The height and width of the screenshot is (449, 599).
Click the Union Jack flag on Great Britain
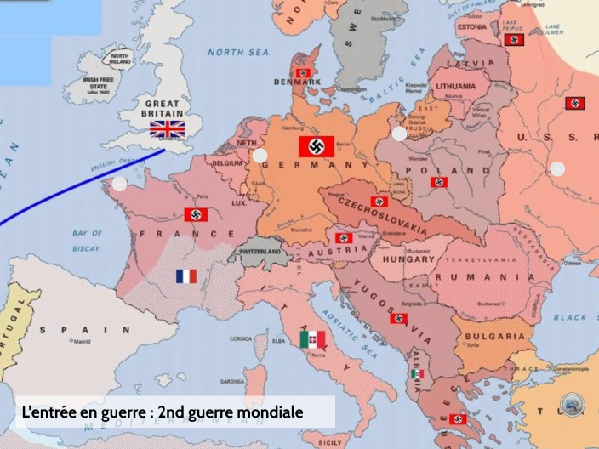click(x=168, y=129)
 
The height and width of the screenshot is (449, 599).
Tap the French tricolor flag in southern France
click(x=186, y=276)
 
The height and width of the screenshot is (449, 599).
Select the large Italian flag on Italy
click(x=313, y=340)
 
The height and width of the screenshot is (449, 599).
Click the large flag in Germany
click(x=317, y=146)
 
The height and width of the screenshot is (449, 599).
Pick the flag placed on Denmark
click(x=303, y=73)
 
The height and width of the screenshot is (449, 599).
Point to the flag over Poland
click(x=439, y=182)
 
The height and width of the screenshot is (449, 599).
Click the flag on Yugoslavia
click(x=398, y=319)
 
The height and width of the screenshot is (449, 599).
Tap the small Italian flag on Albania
click(x=418, y=374)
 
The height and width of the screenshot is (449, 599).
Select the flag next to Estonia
click(x=513, y=40)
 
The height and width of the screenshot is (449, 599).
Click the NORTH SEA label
click(x=238, y=52)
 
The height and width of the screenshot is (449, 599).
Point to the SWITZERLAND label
click(x=260, y=253)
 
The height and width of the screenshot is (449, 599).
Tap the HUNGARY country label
click(x=408, y=259)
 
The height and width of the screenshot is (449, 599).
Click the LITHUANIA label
click(x=456, y=86)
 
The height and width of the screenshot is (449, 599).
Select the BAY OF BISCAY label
click(x=87, y=241)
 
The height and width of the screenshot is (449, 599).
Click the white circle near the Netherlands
click(x=260, y=156)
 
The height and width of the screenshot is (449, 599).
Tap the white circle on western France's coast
click(x=120, y=184)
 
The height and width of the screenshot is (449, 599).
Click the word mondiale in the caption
click(x=266, y=412)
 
